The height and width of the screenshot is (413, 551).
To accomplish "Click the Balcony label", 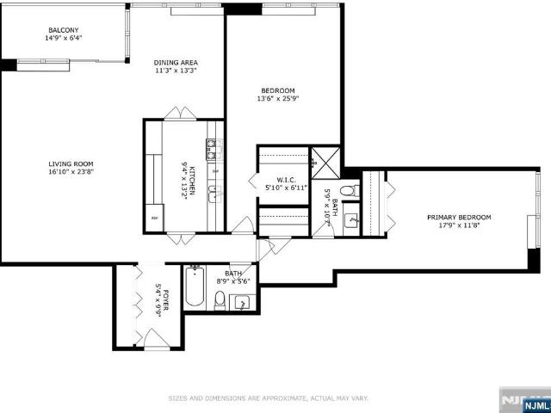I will [62, 29].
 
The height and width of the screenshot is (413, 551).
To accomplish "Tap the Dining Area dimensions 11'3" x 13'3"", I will [176, 71].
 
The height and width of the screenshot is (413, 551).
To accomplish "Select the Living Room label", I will [71, 163].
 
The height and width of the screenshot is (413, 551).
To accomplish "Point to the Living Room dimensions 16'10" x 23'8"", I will [71, 172].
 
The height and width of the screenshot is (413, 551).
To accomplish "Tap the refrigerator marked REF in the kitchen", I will [155, 216].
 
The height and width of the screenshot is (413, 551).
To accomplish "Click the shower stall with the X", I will [325, 161].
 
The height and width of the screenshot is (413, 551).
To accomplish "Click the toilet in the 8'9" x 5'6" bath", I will [220, 299].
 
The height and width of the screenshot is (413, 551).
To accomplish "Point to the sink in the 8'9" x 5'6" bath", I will [242, 301].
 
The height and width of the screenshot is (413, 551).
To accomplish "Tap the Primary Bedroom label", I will [459, 217].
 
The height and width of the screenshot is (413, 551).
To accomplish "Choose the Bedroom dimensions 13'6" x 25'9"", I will [278, 99].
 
